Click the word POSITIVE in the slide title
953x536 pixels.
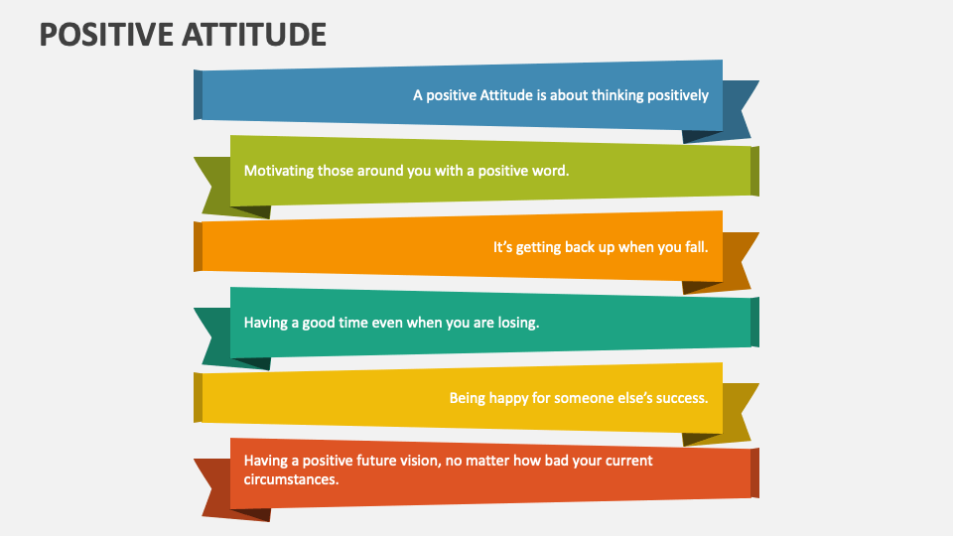(x=106, y=34)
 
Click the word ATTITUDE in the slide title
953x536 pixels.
(x=254, y=34)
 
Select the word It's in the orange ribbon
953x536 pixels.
(x=502, y=247)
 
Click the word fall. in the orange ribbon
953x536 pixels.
(x=696, y=247)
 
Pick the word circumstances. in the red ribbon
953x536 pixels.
(x=291, y=479)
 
